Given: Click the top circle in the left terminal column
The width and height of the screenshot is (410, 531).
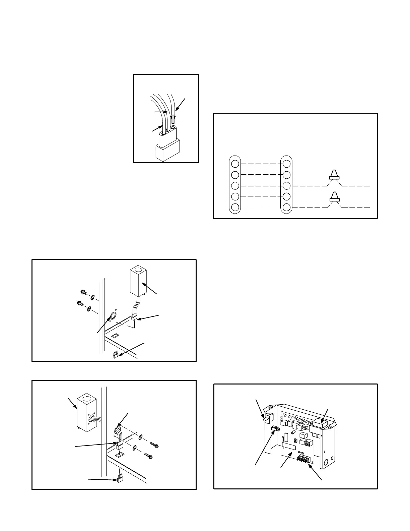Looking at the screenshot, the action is point(235,164).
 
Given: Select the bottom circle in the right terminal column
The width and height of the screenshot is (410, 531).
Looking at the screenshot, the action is point(286,207).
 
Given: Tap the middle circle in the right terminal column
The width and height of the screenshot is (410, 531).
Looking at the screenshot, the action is point(286,185).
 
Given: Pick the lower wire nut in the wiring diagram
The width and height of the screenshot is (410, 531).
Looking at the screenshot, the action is point(334,197).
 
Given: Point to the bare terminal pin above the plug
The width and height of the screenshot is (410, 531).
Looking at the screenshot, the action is point(173,119).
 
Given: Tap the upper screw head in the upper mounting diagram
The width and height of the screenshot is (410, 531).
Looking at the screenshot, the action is point(84,293).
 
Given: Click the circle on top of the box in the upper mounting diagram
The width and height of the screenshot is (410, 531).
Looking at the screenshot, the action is point(136,269).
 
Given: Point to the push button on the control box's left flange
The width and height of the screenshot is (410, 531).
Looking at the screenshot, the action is point(266,418).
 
